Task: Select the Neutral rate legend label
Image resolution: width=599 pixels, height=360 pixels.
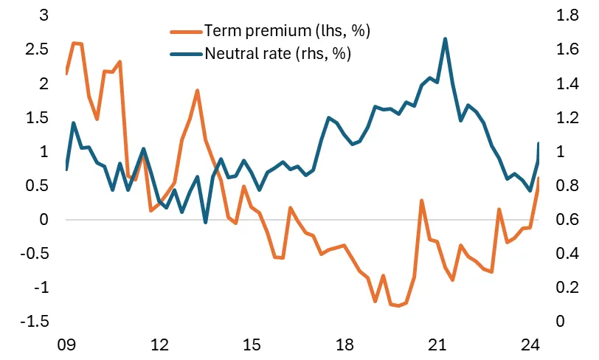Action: (277, 53)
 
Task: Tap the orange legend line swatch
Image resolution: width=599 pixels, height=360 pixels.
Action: (185, 31)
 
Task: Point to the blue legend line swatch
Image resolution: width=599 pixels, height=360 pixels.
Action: (185, 53)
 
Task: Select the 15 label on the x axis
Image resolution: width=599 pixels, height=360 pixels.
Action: (252, 345)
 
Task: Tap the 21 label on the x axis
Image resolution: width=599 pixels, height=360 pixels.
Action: (437, 345)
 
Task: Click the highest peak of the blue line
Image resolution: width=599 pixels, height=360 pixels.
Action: (446, 38)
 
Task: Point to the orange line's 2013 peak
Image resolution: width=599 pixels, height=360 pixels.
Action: (198, 90)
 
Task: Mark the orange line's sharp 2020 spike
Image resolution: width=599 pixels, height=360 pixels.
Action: (422, 200)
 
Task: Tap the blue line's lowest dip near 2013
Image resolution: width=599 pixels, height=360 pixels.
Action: (205, 222)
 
